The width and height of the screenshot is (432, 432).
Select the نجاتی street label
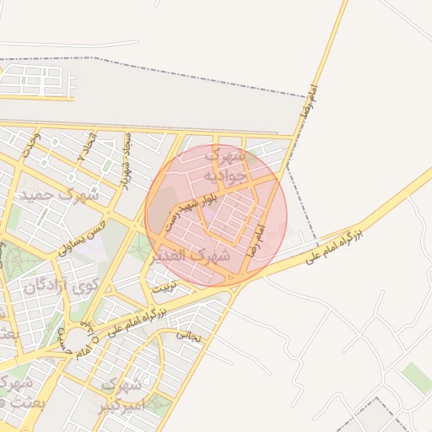(189, 335)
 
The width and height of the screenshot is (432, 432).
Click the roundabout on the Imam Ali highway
(80, 341)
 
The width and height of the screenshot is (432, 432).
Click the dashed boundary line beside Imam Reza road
(301, 194)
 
